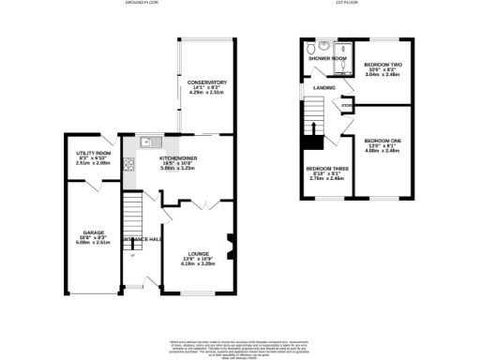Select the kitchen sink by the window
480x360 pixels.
[x=146, y=142]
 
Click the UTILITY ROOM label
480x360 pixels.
[x=93, y=153]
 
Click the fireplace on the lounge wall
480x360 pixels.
[x=230, y=240]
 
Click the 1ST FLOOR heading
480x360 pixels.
[x=349, y=4]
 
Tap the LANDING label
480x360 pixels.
[x=324, y=88]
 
